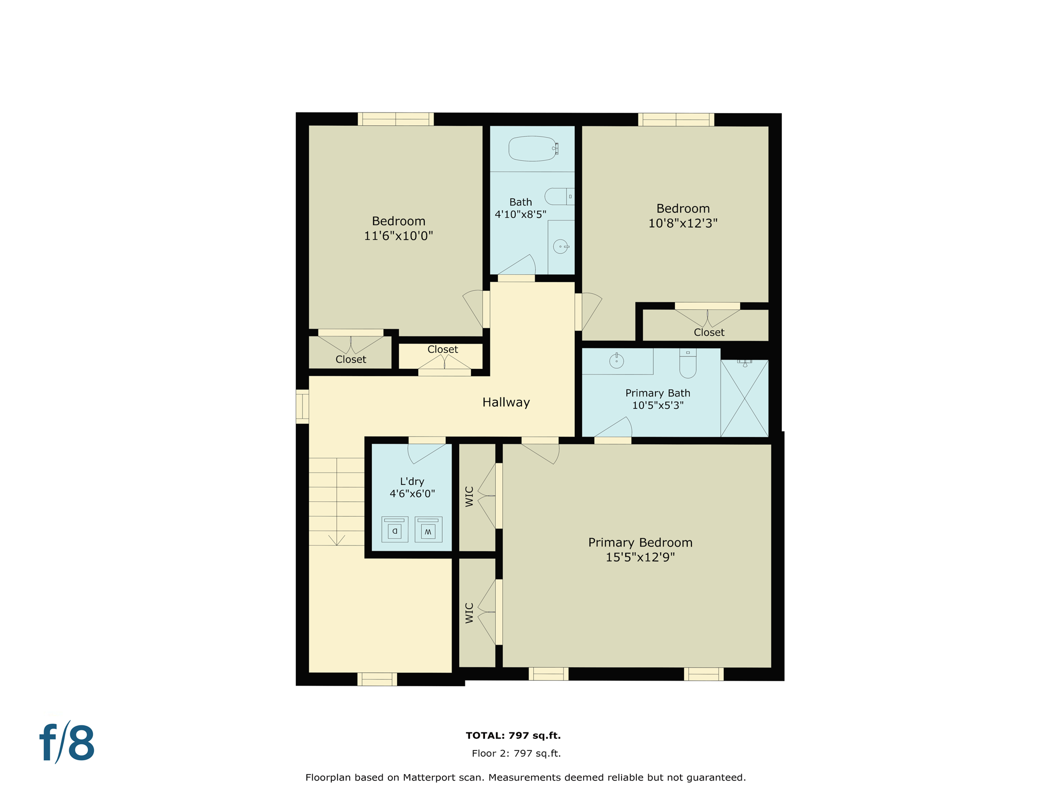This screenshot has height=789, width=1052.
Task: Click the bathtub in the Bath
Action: tap(532, 148)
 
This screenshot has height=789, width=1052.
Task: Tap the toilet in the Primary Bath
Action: tap(688, 364)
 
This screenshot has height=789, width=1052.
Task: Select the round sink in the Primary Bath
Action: tap(616, 362)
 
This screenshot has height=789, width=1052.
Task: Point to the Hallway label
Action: tap(505, 402)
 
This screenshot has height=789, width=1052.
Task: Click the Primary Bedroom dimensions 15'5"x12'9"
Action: tap(640, 557)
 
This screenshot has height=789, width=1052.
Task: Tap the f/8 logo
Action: tap(67, 743)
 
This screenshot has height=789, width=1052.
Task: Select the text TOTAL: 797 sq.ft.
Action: tap(513, 736)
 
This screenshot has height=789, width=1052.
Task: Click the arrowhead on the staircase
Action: tap(336, 540)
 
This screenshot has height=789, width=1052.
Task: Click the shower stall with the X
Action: tap(744, 399)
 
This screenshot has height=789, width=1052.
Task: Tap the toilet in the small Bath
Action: tap(559, 196)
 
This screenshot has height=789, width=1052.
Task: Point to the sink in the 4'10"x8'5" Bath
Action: tap(560, 247)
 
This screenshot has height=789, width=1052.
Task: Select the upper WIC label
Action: tap(469, 497)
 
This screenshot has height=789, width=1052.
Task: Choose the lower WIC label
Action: tap(469, 613)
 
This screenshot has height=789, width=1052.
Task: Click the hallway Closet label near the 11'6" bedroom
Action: tap(442, 349)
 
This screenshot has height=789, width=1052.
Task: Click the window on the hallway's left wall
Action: tap(303, 407)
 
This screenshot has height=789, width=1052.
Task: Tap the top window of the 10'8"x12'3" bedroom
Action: tap(676, 120)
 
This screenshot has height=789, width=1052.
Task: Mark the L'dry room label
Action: tap(412, 481)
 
